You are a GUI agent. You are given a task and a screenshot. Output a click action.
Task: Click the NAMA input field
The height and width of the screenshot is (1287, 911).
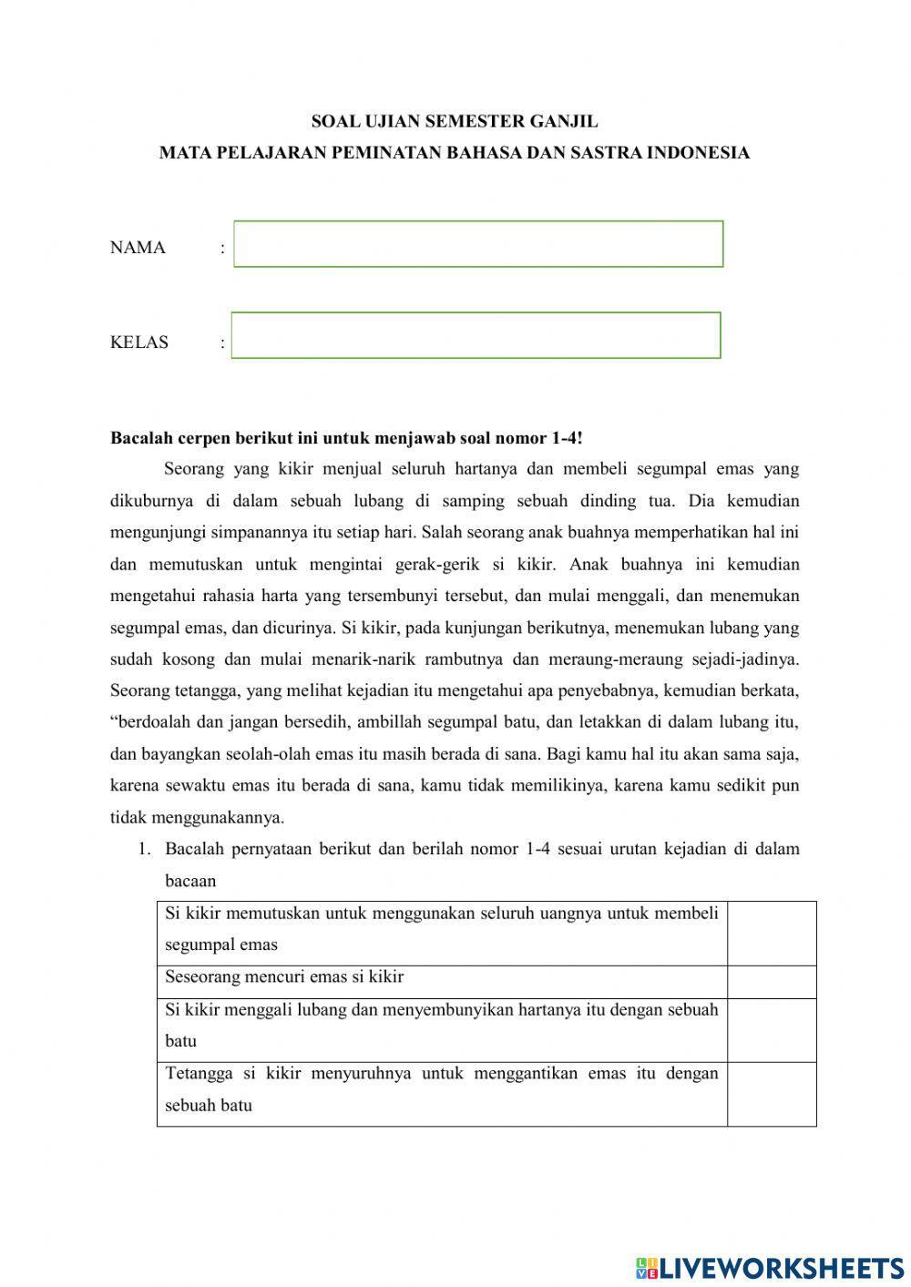click(478, 244)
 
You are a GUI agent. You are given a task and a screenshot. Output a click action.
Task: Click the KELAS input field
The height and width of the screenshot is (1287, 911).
click(476, 335)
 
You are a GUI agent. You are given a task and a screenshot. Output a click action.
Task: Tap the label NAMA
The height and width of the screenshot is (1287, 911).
click(138, 248)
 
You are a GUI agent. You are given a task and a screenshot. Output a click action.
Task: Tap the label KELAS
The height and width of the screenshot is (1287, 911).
click(139, 342)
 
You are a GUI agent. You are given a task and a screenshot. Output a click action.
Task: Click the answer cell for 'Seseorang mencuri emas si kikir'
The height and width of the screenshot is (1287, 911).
click(771, 982)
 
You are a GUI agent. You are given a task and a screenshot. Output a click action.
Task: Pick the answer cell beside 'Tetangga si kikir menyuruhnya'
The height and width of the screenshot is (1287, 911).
click(771, 1094)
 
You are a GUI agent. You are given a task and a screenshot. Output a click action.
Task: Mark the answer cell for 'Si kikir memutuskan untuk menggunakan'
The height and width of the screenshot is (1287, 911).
click(771, 934)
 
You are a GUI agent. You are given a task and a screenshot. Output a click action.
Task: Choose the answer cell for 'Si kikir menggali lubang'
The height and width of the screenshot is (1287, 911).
click(771, 1030)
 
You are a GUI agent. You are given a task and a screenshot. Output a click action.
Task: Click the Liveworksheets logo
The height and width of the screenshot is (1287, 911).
click(770, 1267)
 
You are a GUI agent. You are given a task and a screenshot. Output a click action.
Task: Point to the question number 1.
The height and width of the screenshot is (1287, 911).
click(143, 850)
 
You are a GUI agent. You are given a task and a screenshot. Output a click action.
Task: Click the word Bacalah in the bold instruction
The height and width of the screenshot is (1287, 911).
click(139, 438)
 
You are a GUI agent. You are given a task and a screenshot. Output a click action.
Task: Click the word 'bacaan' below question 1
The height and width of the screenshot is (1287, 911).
click(190, 881)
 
